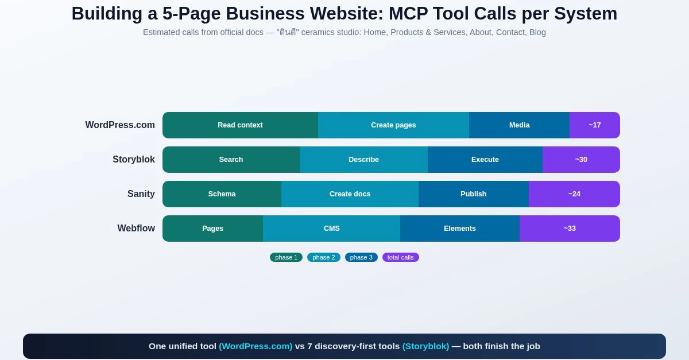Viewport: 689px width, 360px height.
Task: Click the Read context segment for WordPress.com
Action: point(240,125)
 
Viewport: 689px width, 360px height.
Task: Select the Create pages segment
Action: point(393,125)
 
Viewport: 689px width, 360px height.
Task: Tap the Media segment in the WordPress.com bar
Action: point(519,125)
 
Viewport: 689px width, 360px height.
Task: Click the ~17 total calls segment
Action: point(595,125)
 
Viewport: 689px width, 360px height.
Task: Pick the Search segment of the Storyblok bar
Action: point(231,160)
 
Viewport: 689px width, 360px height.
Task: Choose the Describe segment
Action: point(363,160)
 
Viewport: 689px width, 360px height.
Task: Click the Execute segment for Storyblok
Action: point(485,160)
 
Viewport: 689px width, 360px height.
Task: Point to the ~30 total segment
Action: point(581,160)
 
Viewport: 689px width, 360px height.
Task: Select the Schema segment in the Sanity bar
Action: point(222,194)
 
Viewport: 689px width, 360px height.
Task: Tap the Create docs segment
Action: point(350,194)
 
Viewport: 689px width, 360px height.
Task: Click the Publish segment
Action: point(473,194)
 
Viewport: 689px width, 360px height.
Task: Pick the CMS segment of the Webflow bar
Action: point(332,229)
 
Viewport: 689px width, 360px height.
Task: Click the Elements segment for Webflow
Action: point(460,229)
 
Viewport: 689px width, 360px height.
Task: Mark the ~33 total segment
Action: point(570,229)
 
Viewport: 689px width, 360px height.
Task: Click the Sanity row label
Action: point(141,194)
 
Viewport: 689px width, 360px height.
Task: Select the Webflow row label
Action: point(136,229)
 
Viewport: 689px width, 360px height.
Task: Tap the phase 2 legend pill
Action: point(324,257)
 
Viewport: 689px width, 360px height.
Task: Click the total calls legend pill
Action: point(401,257)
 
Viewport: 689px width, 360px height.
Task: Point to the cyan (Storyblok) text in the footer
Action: point(425,346)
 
